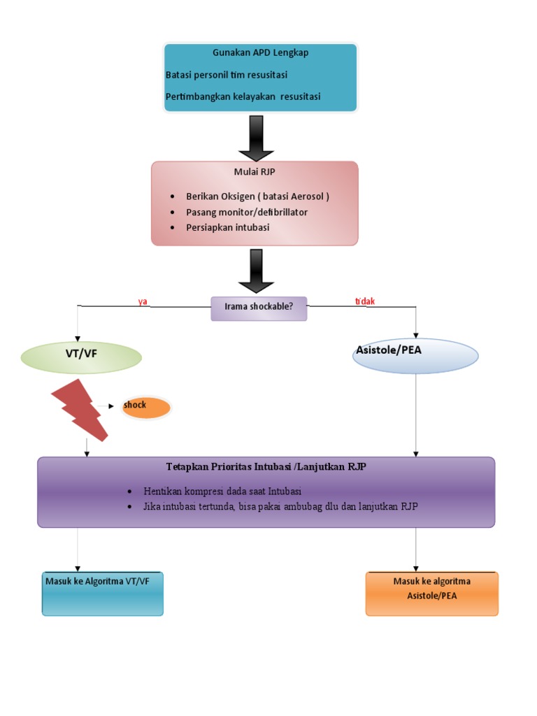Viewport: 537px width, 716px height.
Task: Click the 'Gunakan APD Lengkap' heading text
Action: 260,52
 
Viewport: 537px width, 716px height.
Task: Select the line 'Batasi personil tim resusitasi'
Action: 227,75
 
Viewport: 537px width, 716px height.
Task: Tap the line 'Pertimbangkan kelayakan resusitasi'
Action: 243,96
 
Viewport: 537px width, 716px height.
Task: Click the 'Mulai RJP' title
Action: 255,173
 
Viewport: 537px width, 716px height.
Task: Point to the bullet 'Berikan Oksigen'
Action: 257,196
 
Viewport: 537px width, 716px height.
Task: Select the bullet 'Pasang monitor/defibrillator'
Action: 246,212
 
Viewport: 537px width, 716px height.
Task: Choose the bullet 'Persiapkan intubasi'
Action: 227,227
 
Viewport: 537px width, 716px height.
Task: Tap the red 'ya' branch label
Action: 143,301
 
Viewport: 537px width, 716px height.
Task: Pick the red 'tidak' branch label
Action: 365,301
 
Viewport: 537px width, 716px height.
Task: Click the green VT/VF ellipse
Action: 82,357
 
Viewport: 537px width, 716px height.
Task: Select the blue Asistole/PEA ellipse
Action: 415,356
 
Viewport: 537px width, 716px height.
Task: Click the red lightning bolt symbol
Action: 80,410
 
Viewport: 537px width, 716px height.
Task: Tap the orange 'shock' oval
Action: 145,407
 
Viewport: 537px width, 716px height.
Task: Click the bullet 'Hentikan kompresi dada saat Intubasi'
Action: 222,491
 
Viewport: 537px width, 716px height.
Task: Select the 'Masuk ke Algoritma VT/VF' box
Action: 102,593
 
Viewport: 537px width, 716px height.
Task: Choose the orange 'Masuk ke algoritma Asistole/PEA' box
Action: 431,593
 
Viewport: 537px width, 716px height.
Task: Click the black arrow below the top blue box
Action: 256,137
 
